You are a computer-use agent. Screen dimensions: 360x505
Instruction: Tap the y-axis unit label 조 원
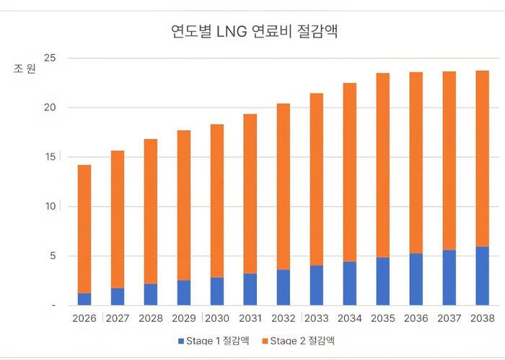click(24, 70)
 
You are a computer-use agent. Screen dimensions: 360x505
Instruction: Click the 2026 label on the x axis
click(84, 317)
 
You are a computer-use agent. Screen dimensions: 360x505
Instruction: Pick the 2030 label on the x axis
click(217, 317)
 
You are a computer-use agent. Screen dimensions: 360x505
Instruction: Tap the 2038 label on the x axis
click(482, 317)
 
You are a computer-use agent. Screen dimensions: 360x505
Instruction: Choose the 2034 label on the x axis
click(349, 317)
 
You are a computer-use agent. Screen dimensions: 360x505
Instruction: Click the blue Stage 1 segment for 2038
click(482, 276)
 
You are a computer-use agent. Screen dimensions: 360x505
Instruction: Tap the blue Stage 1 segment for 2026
click(84, 299)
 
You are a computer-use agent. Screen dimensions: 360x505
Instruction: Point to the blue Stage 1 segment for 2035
click(382, 281)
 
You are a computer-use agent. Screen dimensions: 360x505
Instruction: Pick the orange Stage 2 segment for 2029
click(184, 205)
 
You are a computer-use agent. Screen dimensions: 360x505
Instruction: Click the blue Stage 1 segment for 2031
click(250, 289)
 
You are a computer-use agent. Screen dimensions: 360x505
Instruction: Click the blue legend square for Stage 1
click(180, 340)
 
